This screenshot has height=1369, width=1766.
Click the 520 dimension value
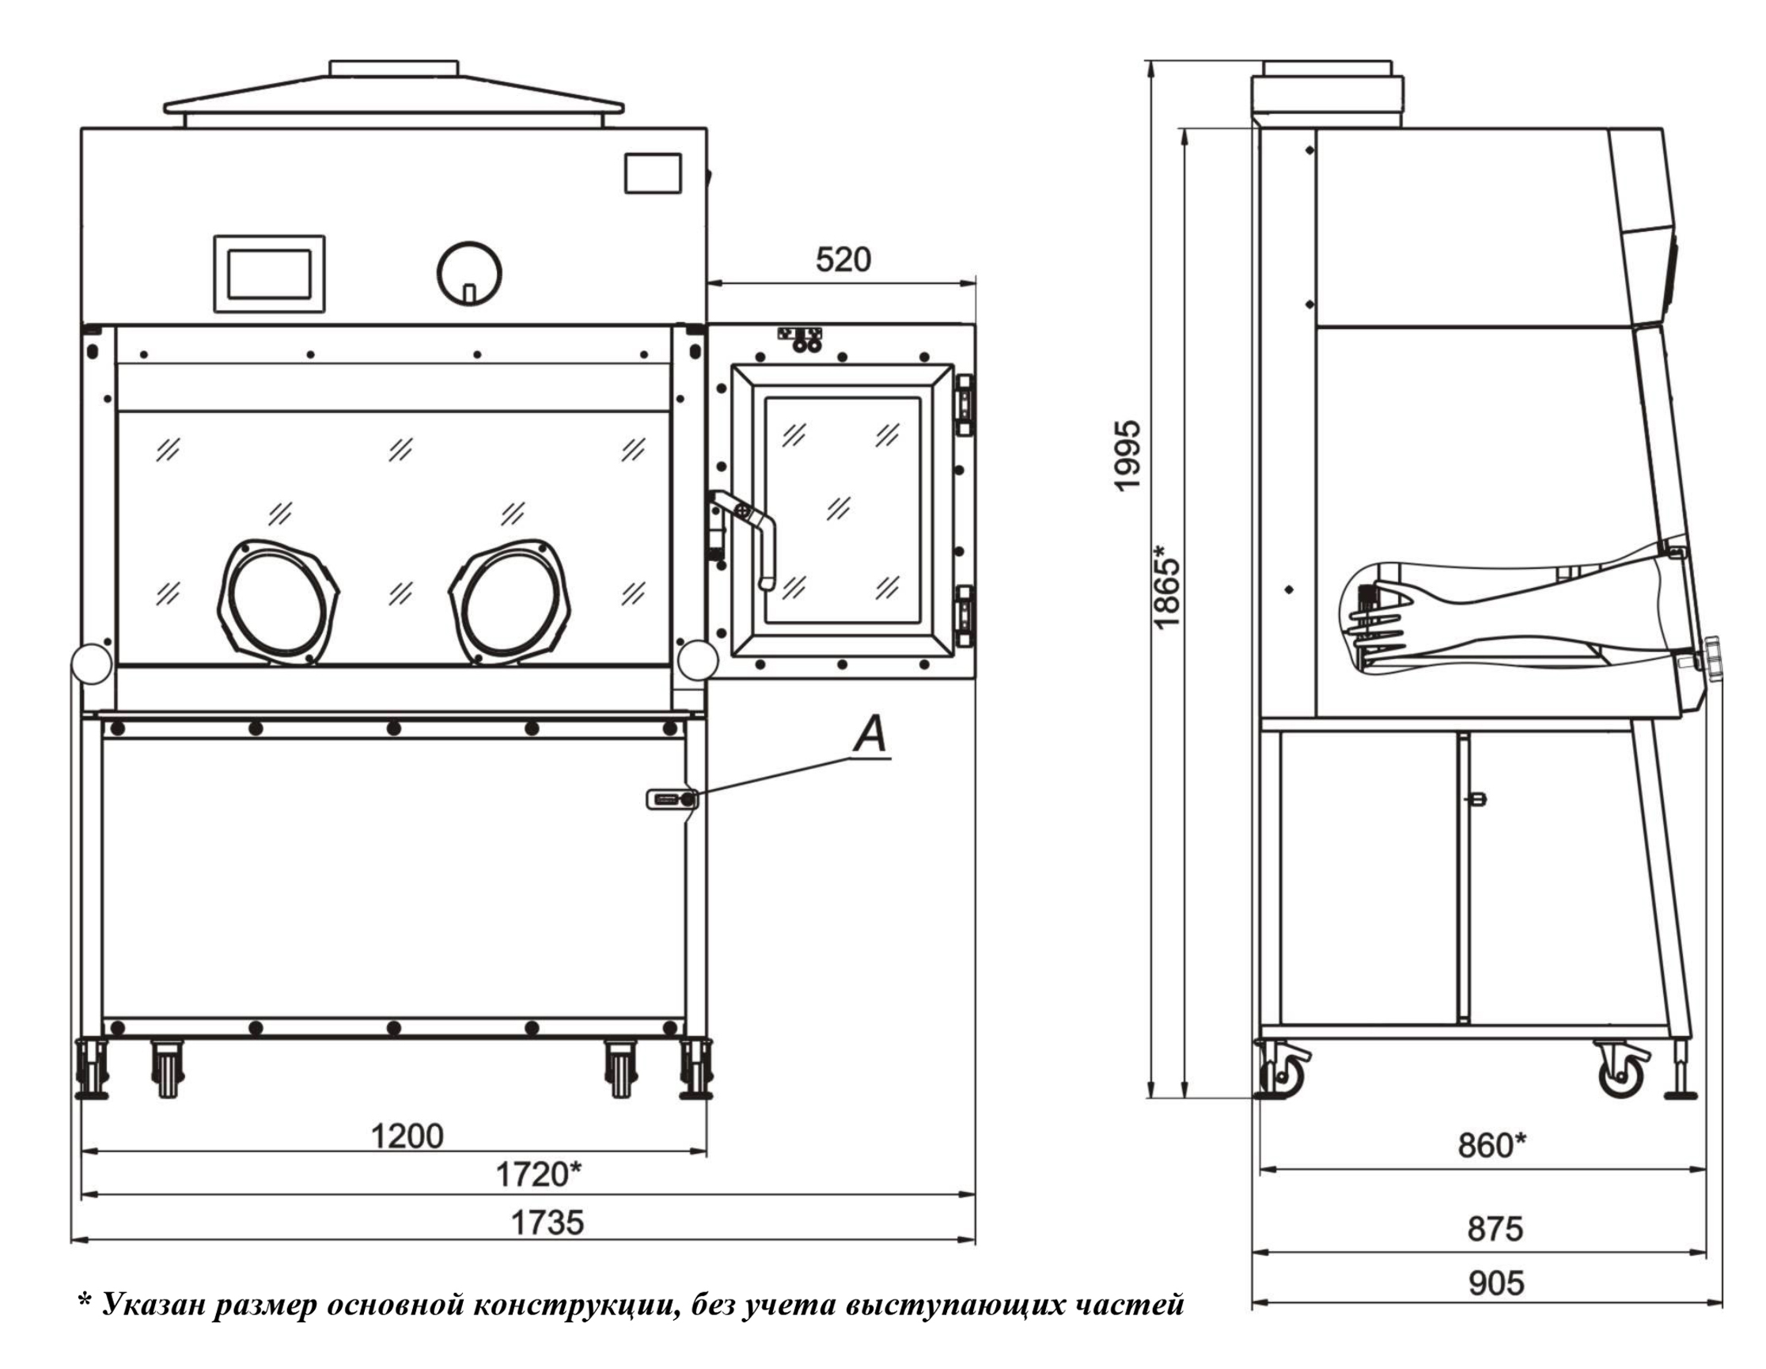tap(843, 260)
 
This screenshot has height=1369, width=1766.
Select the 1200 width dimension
tap(407, 1136)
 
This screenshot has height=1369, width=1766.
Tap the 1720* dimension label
tap(538, 1174)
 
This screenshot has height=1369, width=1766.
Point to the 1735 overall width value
tap(547, 1223)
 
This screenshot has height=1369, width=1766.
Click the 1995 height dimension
tap(1127, 454)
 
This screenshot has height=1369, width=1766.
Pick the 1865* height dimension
tap(1168, 586)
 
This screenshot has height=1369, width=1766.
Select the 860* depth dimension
tap(1492, 1145)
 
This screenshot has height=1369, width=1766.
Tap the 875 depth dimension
tap(1495, 1229)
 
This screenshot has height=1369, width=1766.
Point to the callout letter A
tap(871, 735)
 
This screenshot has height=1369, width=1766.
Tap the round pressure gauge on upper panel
tap(469, 273)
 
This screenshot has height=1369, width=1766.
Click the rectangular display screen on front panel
tap(269, 274)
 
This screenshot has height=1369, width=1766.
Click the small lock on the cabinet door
tap(672, 800)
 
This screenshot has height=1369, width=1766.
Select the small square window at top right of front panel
tap(653, 173)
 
